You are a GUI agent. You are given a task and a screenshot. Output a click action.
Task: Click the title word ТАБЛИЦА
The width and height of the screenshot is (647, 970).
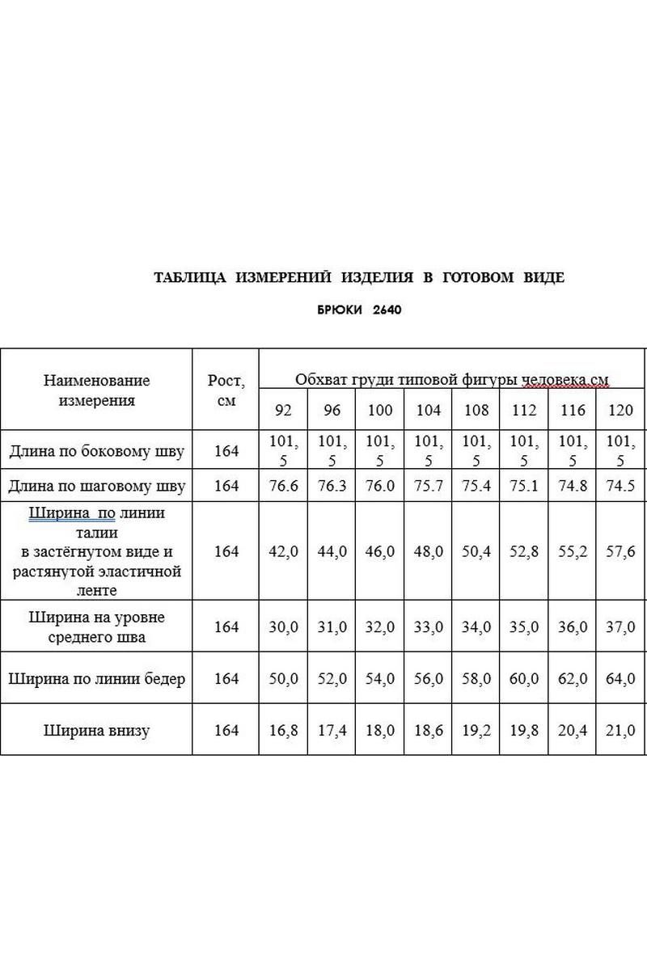click(x=190, y=278)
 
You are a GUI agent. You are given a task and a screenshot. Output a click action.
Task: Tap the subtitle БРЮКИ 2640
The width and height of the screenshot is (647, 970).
click(x=359, y=310)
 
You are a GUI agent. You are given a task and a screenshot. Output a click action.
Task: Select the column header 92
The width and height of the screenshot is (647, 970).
click(x=283, y=411)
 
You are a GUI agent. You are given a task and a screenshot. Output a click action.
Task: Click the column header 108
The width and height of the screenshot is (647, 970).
click(x=476, y=411)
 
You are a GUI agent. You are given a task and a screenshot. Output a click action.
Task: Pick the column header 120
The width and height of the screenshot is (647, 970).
click(x=620, y=411)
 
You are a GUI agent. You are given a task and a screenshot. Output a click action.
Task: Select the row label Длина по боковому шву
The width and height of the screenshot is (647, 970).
click(x=96, y=451)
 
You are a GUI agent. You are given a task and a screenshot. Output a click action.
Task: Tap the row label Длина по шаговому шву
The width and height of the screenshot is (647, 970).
click(x=96, y=486)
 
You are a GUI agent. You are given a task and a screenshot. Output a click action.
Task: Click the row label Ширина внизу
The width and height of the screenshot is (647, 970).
click(x=96, y=731)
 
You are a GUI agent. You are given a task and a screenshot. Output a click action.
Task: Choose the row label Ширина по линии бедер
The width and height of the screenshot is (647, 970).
click(x=96, y=678)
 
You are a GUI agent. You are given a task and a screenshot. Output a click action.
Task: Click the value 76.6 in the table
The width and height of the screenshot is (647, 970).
click(x=283, y=486)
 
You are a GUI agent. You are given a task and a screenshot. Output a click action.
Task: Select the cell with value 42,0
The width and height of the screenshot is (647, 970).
click(x=283, y=551)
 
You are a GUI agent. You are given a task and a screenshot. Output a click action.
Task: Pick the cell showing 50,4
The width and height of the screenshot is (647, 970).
click(x=476, y=551)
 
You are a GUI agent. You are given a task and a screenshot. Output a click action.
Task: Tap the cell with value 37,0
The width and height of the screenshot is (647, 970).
click(x=620, y=627)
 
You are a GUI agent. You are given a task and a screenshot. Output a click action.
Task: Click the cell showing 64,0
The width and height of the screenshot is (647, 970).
click(x=620, y=678)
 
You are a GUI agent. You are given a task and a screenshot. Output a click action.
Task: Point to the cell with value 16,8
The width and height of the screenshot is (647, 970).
click(x=283, y=731)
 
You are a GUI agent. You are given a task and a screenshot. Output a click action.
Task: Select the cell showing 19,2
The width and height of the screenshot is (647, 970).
click(x=476, y=731)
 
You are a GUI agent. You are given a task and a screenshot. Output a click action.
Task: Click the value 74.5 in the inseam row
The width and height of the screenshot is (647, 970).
click(x=620, y=486)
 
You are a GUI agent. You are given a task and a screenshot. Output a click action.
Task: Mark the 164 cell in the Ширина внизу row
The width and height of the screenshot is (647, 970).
click(x=226, y=731)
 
